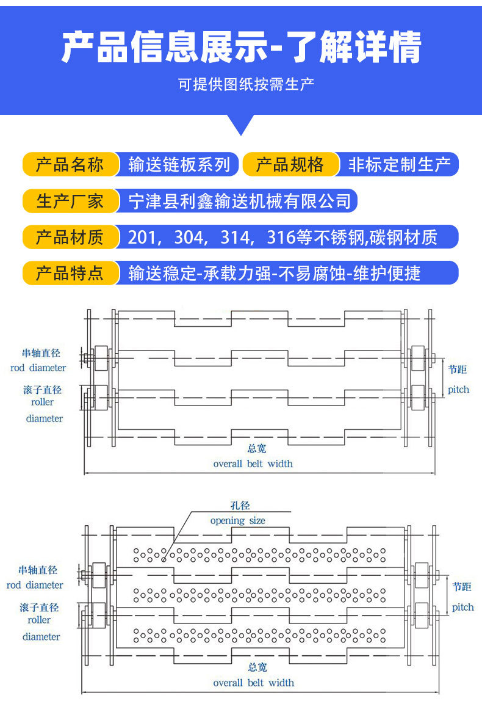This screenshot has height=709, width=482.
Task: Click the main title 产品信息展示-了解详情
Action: (x=241, y=47)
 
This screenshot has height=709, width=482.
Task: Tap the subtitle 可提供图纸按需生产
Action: (x=246, y=84)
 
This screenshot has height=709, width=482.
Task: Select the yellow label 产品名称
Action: (x=70, y=165)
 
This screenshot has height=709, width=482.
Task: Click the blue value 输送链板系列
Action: (x=179, y=165)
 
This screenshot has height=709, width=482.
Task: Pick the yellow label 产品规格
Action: (x=290, y=165)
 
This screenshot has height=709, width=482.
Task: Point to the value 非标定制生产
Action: (x=399, y=165)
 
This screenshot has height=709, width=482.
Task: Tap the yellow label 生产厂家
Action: (x=70, y=201)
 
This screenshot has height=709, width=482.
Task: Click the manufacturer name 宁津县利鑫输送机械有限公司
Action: (x=240, y=201)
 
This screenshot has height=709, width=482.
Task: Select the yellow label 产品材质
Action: (x=70, y=237)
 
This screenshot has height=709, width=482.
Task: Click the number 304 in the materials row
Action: (x=189, y=237)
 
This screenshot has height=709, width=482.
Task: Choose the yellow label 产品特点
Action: (x=70, y=273)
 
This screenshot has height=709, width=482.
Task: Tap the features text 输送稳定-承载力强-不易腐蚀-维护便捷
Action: (x=275, y=273)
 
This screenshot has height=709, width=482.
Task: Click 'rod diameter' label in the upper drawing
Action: (x=38, y=368)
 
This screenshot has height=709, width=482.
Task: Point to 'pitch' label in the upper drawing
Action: (x=458, y=389)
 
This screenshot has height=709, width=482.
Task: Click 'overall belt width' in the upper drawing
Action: (x=253, y=464)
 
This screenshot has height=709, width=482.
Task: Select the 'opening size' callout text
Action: (x=238, y=521)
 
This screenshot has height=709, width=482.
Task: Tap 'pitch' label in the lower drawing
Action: (x=462, y=607)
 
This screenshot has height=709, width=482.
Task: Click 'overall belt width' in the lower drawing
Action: (x=253, y=683)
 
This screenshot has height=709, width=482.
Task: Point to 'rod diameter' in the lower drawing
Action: (x=35, y=585)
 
